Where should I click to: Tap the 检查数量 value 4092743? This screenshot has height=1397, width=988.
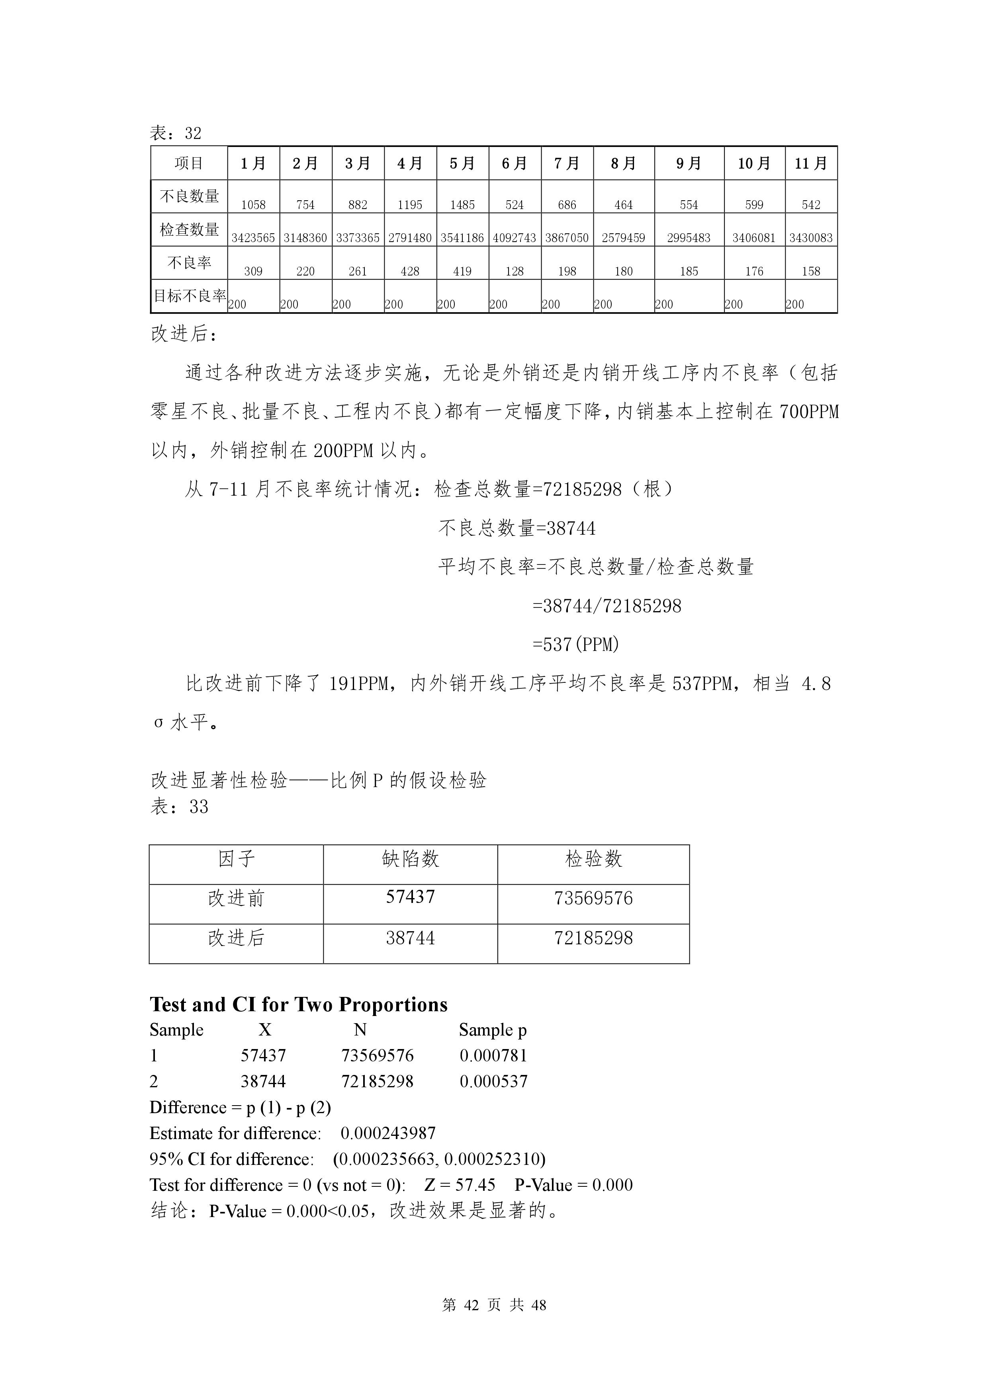[515, 238]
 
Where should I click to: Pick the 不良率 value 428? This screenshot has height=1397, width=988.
[410, 272]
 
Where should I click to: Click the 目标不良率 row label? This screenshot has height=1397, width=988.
[189, 296]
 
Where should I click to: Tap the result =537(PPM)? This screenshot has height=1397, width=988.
[575, 644]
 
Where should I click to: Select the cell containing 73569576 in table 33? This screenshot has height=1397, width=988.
[593, 899]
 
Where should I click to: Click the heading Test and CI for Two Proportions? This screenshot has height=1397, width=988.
[298, 1004]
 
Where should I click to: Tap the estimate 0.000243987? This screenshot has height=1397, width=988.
[388, 1133]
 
